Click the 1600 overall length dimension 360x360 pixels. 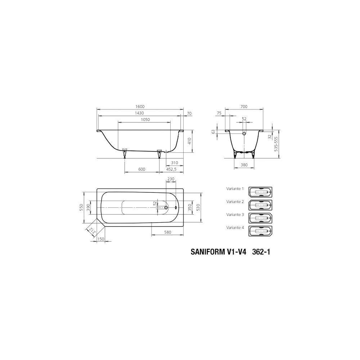(x=140, y=107)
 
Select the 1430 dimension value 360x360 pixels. (x=140, y=113)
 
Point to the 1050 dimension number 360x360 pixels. (x=145, y=120)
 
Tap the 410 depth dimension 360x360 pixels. (x=189, y=141)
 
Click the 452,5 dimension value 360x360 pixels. (x=171, y=169)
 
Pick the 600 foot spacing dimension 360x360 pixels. (x=142, y=169)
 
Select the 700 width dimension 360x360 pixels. (x=244, y=107)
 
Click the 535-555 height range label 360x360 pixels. (x=276, y=144)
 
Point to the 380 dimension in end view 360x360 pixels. (x=244, y=165)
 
